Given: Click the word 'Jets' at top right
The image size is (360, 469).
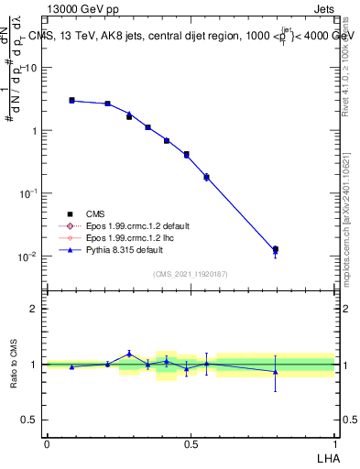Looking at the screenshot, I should pyautogui.click(x=324, y=8).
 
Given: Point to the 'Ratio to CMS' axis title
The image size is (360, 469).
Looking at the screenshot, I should pyautogui.click(x=14, y=364).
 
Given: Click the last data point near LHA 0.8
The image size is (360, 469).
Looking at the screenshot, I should pyautogui.click(x=275, y=249).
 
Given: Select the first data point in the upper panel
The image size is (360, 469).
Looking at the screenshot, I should pyautogui.click(x=71, y=101).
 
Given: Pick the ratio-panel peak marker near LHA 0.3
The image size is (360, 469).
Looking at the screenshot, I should pyautogui.click(x=129, y=354).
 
